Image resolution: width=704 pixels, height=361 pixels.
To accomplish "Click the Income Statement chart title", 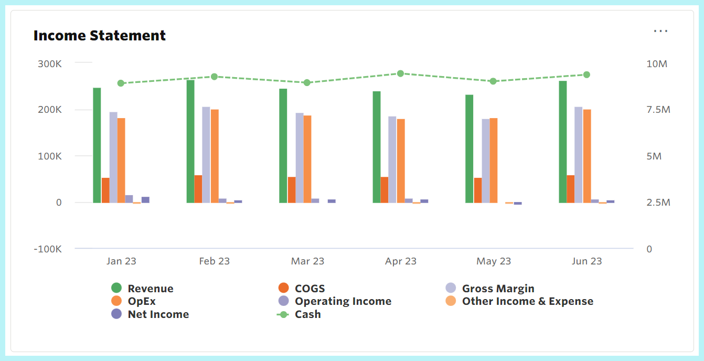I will [100, 36].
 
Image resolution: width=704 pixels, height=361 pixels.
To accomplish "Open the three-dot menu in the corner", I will [660, 31].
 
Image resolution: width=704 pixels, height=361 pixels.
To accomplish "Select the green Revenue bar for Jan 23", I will [97, 145].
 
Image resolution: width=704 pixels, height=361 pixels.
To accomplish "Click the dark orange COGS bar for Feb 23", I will [198, 189].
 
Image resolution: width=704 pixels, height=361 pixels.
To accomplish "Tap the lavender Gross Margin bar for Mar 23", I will [300, 157].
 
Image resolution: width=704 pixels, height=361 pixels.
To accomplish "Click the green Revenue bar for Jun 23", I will [563, 142].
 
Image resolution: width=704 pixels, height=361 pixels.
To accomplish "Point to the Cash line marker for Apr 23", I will [400, 73].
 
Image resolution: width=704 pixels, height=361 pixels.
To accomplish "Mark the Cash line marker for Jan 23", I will [121, 83].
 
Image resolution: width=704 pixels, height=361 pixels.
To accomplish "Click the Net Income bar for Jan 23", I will [145, 199].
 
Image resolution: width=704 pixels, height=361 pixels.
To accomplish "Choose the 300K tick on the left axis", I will [49, 64].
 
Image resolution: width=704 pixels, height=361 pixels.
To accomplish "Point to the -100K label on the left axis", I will [47, 249].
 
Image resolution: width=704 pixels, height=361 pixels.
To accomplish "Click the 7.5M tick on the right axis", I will [658, 110].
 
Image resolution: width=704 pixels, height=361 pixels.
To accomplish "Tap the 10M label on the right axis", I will [656, 64].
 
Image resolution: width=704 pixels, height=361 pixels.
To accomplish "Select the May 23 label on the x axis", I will [494, 261].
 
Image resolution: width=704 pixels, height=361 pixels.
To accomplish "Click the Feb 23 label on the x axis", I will [214, 261].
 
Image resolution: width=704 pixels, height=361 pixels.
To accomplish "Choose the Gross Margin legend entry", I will [498, 289].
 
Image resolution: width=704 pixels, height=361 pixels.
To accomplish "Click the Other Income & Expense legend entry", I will [527, 302].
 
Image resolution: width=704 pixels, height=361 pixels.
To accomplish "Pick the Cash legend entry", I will [307, 315].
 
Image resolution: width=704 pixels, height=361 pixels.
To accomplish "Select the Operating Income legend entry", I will [343, 302].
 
